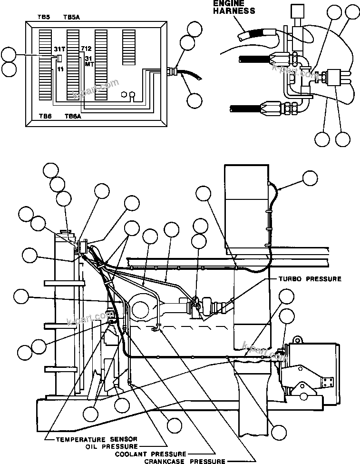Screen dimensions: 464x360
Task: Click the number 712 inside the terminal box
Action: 86,49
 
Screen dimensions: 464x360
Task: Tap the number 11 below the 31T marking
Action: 60,69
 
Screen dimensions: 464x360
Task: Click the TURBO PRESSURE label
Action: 307,278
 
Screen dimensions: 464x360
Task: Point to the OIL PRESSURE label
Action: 111,446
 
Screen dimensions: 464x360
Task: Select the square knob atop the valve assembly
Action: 298,11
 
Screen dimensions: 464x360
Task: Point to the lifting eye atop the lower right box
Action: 298,340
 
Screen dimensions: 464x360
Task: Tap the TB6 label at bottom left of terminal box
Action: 44,116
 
